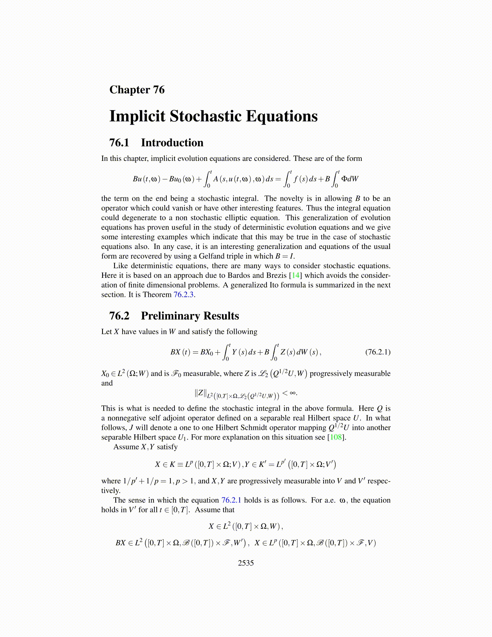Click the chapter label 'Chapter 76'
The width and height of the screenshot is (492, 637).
[137, 90]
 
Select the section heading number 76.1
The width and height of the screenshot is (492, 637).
[119, 143]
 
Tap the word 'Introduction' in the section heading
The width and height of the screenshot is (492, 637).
[172, 143]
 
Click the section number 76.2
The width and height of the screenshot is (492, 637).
[119, 316]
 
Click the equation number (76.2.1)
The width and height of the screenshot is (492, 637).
[377, 352]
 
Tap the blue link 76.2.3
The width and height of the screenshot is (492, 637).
[184, 295]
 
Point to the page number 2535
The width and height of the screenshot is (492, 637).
[246, 563]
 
